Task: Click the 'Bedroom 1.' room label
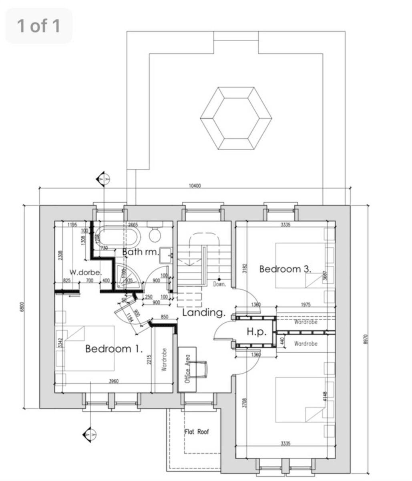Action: click(x=114, y=349)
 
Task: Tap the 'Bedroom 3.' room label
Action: click(x=285, y=269)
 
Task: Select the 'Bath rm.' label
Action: click(x=140, y=252)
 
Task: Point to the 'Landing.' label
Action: click(x=204, y=313)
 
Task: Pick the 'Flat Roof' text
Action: click(x=197, y=432)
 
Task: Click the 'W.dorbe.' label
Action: click(x=84, y=271)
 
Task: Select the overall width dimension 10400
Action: click(x=194, y=186)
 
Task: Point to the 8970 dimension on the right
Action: click(x=365, y=340)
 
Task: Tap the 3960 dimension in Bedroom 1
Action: click(x=114, y=381)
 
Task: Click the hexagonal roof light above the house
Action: click(x=236, y=118)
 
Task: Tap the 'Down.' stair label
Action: click(x=220, y=284)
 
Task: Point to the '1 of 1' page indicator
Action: click(x=38, y=26)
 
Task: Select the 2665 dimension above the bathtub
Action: click(x=133, y=224)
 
